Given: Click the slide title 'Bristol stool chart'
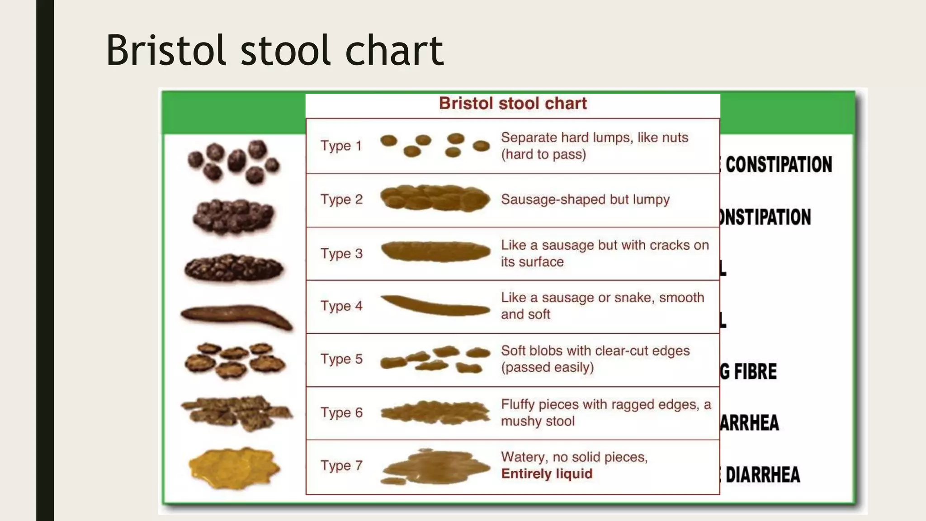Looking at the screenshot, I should coord(274,50).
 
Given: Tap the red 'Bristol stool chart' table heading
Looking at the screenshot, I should coord(513,104).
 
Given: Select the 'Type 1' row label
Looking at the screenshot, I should coord(341,146).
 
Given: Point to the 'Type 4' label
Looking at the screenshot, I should coord(341,306).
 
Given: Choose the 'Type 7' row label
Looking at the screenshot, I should coord(341,465).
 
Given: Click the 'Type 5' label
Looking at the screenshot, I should coord(341,359).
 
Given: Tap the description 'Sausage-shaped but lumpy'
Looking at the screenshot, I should coord(585,199).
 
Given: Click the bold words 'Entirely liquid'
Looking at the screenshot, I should coord(547,474).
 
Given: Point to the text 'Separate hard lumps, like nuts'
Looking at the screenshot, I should coord(595,137).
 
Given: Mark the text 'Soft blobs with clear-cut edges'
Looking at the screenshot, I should coord(595,351).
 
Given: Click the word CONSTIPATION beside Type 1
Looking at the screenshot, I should coord(779,165).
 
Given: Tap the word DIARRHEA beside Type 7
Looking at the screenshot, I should coord(763,475).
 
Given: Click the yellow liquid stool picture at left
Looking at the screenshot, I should coord(234,468).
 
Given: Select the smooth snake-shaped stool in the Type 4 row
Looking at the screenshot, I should coord(435,306).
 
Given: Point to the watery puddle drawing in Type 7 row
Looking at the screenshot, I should coord(435,467).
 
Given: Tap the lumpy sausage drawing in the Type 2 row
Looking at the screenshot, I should coord(435,199).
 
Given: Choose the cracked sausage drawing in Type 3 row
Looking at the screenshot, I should coord(435,252).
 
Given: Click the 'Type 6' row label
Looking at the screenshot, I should coord(341,412).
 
